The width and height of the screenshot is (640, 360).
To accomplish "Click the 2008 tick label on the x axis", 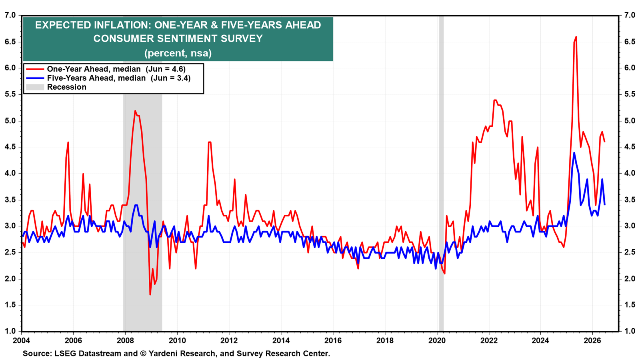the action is (x=126, y=341).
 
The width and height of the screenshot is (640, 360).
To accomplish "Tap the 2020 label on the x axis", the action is (x=437, y=341).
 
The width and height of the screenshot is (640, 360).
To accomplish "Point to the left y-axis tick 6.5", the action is (x=10, y=42).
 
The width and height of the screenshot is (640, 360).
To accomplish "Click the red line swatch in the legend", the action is (x=35, y=69).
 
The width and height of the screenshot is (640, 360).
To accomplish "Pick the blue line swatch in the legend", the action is (x=35, y=78).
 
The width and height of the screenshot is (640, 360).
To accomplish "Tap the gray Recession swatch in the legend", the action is (x=35, y=87).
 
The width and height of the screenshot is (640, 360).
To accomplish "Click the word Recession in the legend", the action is (x=66, y=87).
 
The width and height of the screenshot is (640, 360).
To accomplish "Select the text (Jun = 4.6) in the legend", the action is (x=166, y=69).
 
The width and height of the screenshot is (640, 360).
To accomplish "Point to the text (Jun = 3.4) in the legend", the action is (x=170, y=78).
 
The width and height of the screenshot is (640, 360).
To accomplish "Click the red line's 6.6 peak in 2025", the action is (x=576, y=37).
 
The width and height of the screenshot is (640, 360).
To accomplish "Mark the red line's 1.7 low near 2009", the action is (x=150, y=294).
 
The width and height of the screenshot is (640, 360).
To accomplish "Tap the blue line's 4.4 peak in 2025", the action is (x=574, y=153).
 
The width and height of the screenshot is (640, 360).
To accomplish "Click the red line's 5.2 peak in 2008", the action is (x=135, y=111).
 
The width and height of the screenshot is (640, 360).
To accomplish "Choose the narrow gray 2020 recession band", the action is (x=441, y=174).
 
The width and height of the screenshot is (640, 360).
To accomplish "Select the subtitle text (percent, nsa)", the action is (x=178, y=54).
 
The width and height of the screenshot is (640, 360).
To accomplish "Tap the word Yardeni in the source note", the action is (x=163, y=354).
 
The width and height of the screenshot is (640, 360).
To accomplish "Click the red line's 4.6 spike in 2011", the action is (x=210, y=142).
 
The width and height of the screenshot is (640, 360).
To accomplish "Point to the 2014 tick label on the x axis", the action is (x=281, y=341).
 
